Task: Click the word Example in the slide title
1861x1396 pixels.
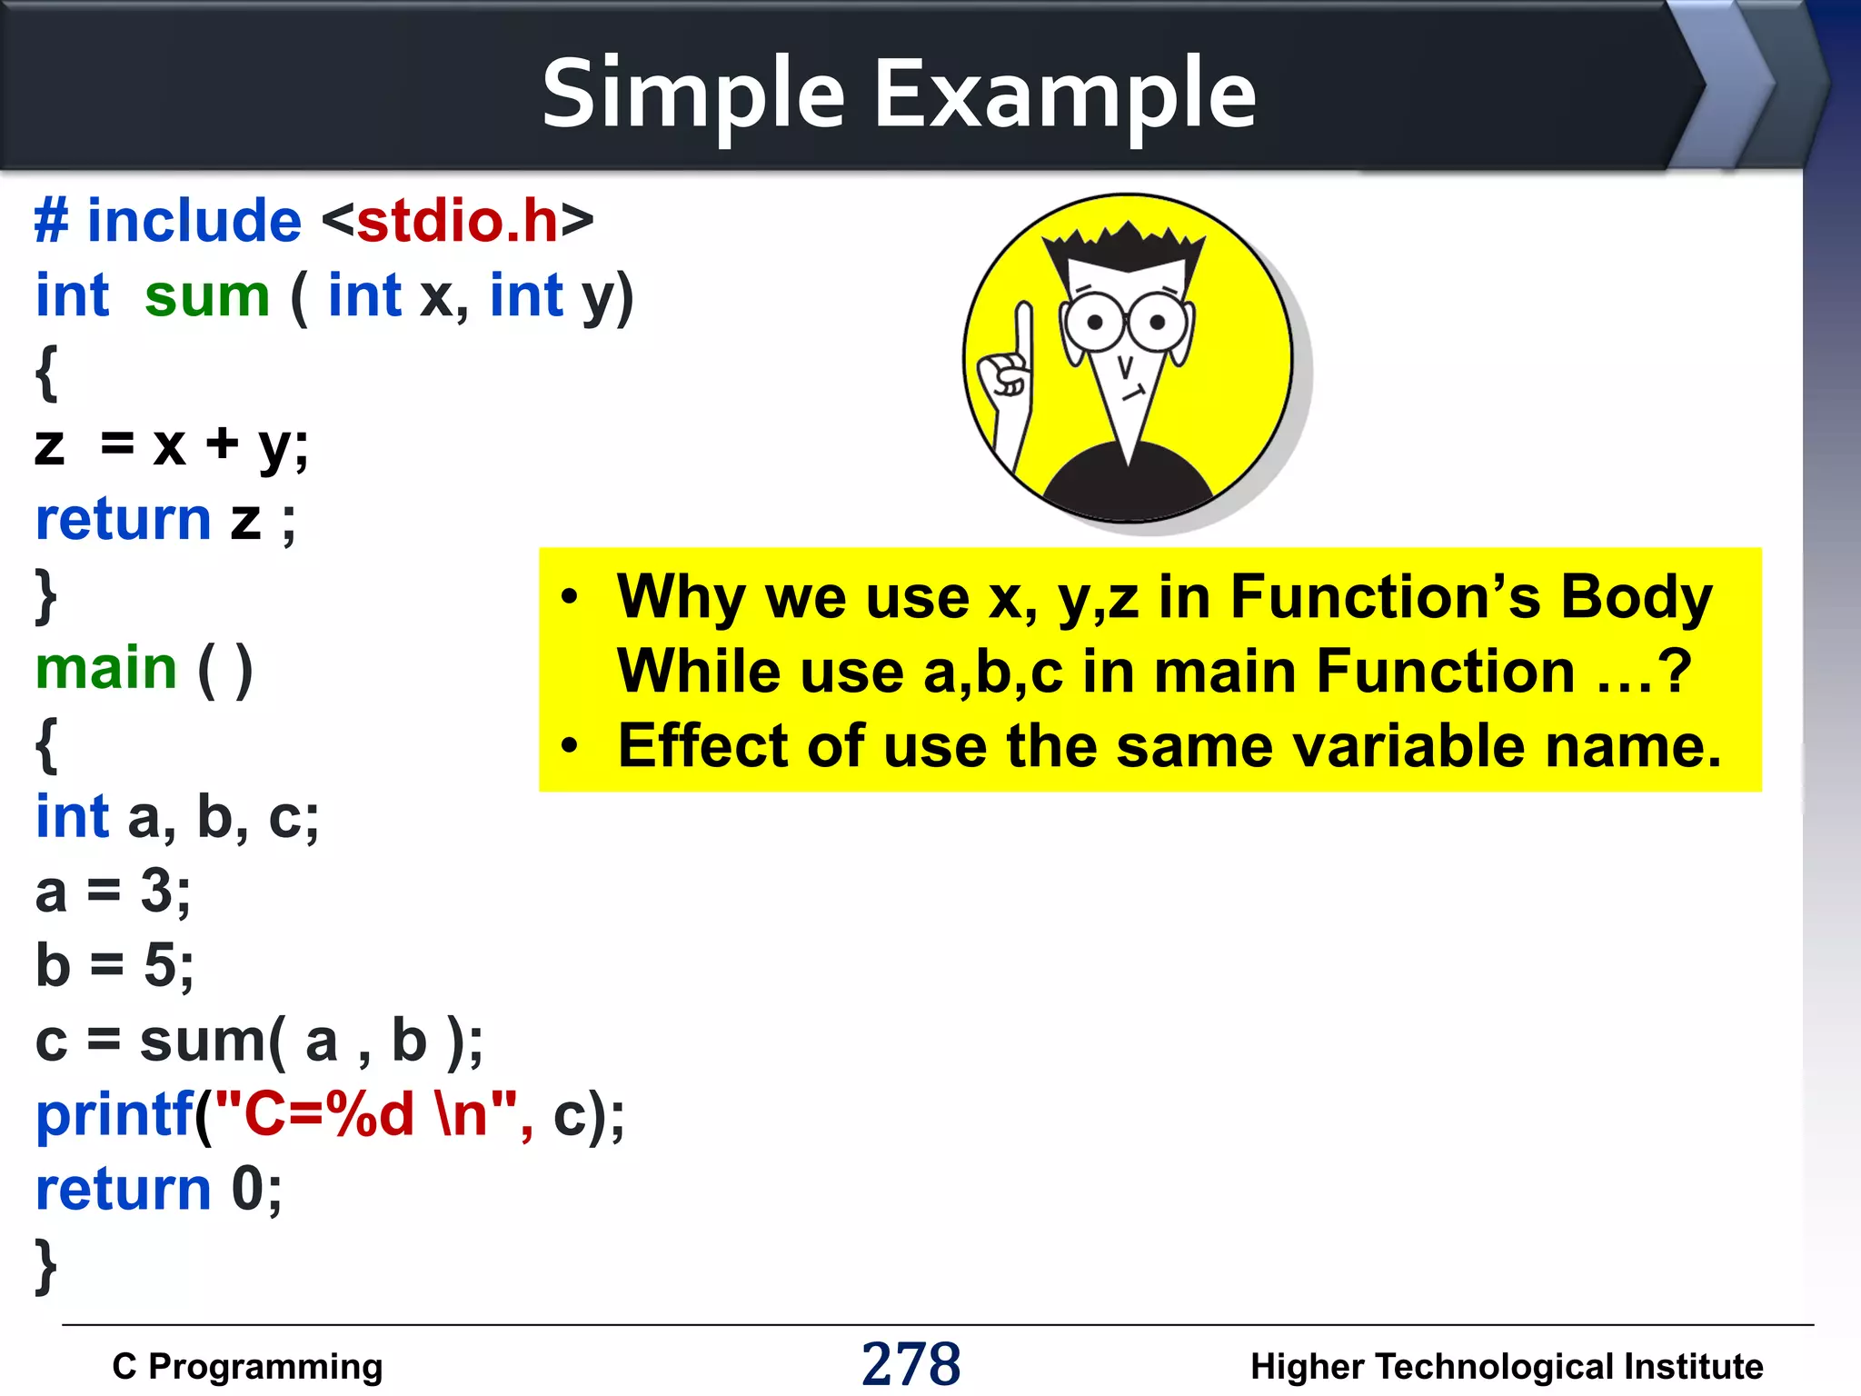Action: coord(1064,93)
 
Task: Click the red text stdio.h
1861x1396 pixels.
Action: coord(457,221)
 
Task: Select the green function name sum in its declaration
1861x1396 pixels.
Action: coord(207,296)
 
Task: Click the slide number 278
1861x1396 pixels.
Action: coord(911,1364)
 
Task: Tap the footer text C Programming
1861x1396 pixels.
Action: coord(247,1366)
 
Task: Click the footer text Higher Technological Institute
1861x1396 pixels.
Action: coord(1506,1366)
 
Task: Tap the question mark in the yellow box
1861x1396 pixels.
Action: coord(1674,671)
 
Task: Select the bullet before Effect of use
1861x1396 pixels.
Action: coord(570,746)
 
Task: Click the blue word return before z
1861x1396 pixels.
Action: coord(123,520)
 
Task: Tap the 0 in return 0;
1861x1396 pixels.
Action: coord(247,1189)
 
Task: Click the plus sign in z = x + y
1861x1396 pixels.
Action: coord(222,444)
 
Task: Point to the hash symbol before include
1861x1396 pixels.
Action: coord(51,221)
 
